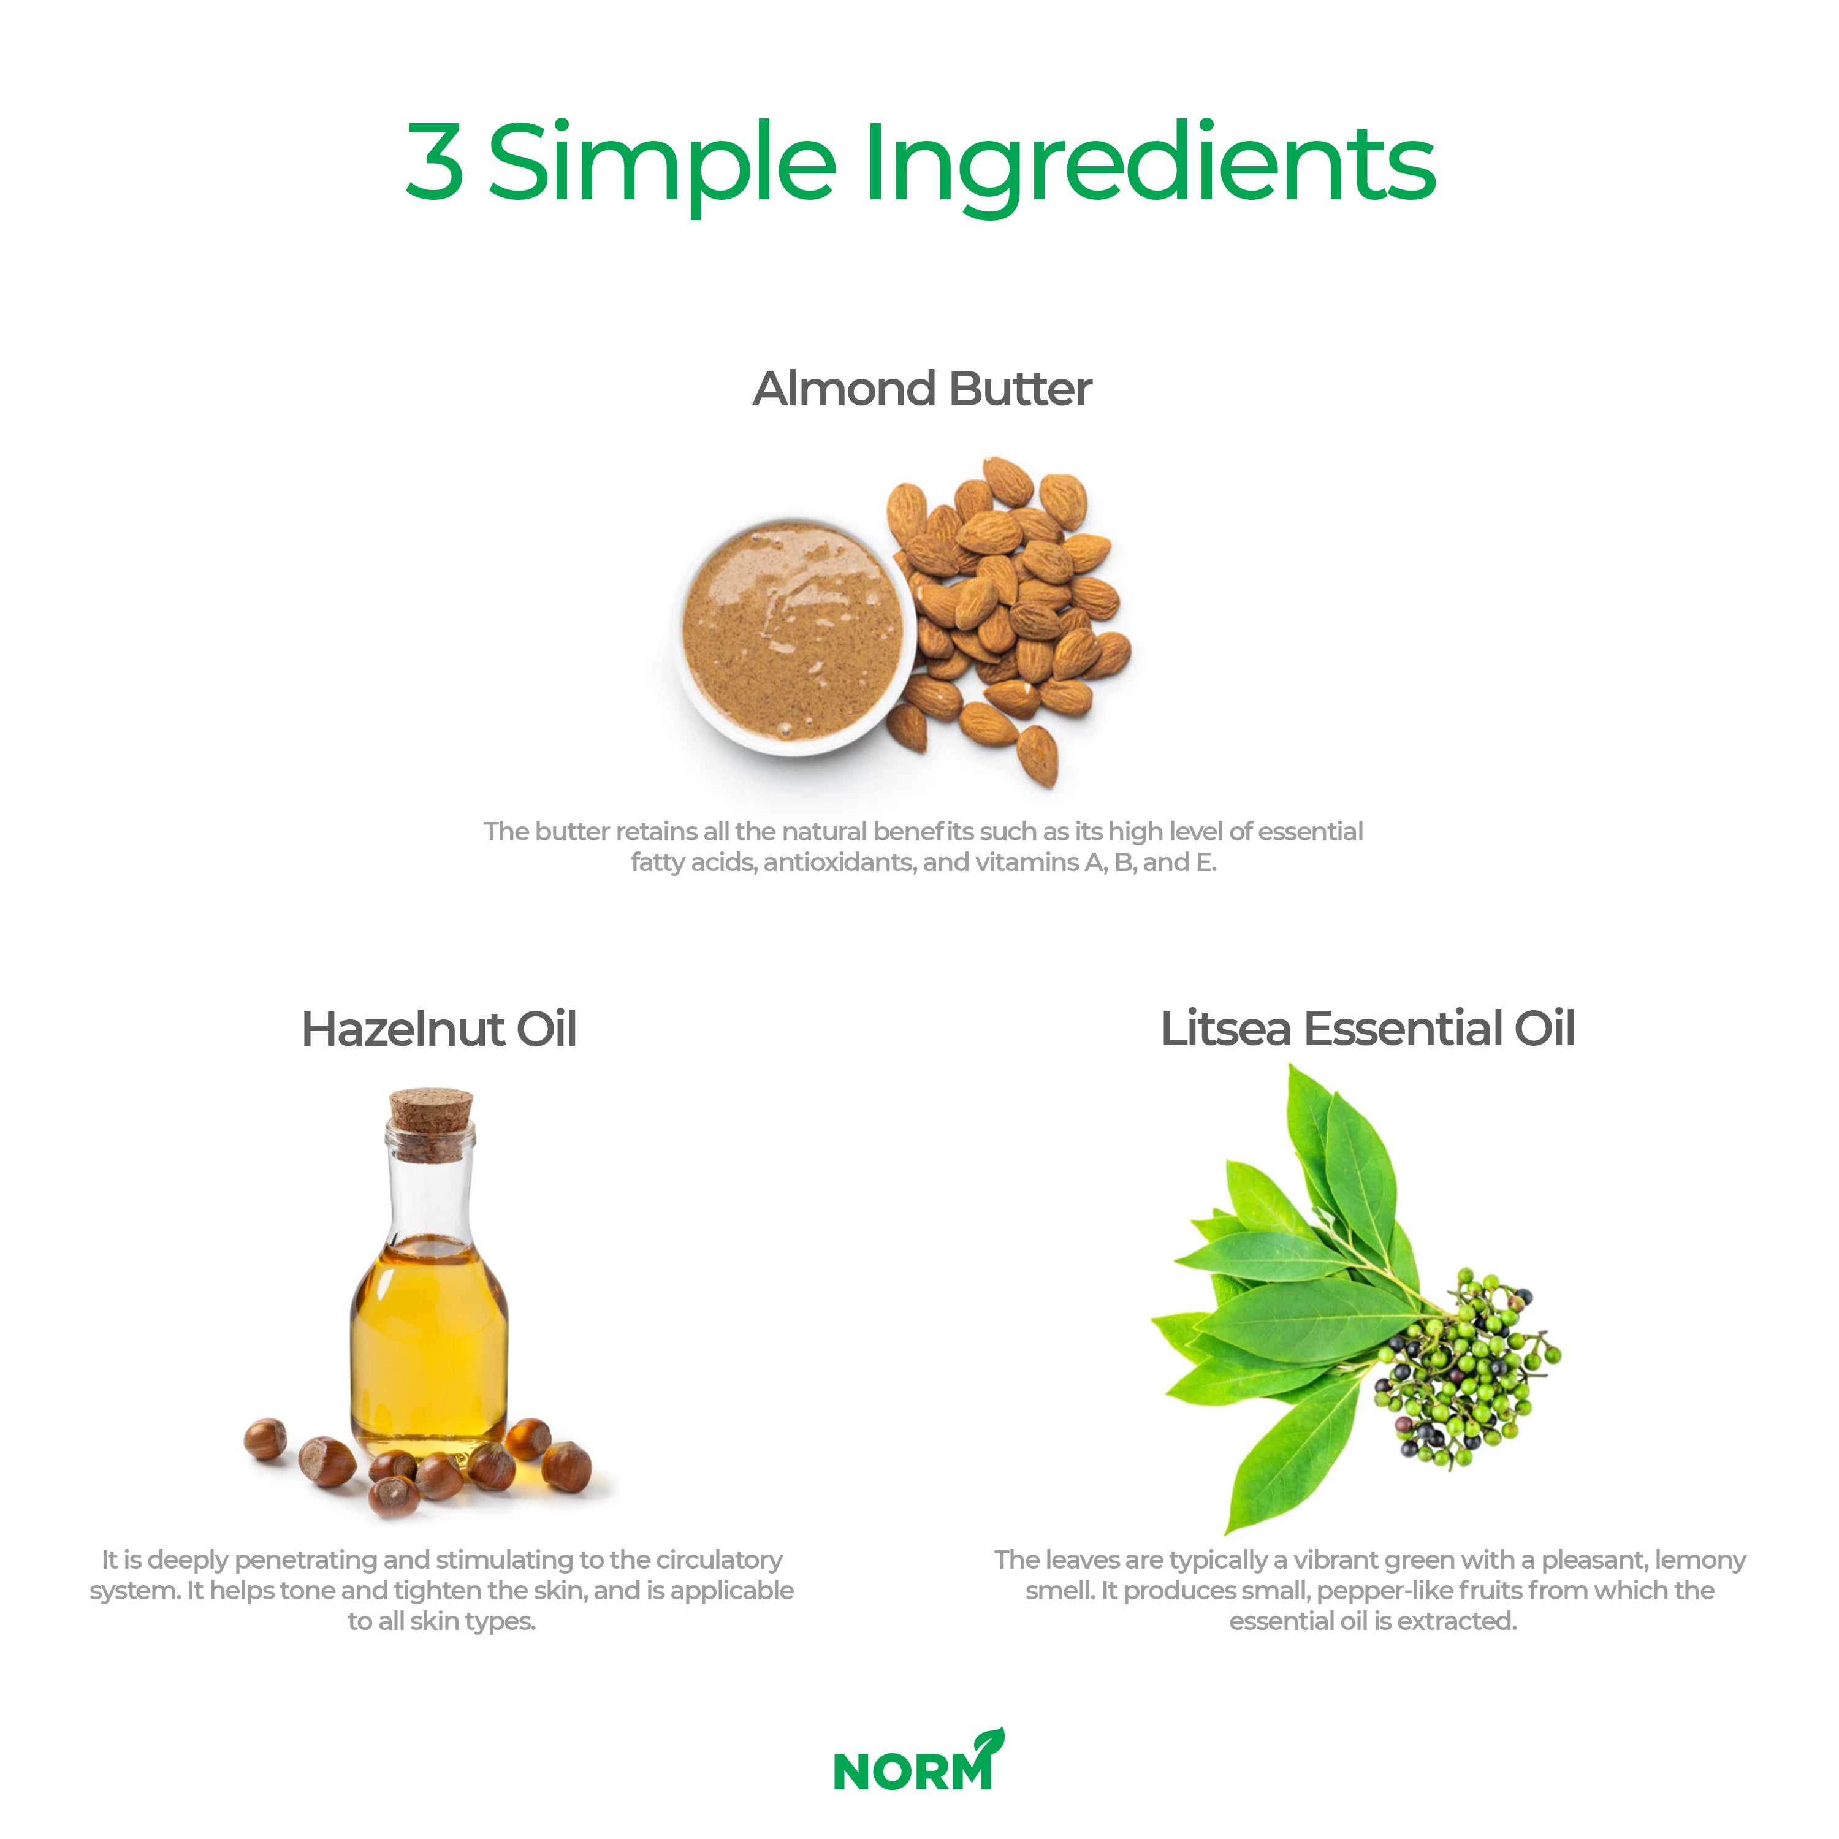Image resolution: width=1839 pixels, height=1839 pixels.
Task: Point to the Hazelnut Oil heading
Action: pyautogui.click(x=439, y=1029)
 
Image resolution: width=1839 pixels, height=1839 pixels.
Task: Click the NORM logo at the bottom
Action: pyautogui.click(x=918, y=1761)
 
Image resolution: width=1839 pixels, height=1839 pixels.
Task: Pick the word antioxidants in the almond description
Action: pyautogui.click(x=839, y=862)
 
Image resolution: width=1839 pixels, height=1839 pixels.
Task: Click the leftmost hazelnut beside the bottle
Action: pyautogui.click(x=265, y=1439)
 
